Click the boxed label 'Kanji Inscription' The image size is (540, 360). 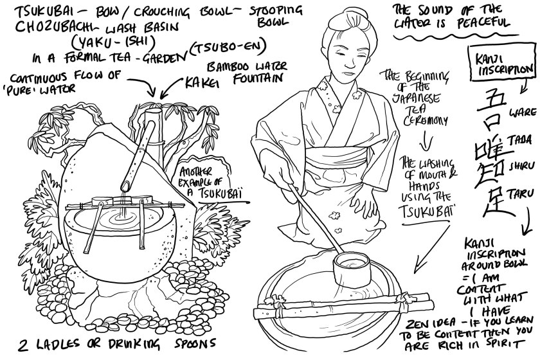pos(497,61)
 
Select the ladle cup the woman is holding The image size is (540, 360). pos(346,264)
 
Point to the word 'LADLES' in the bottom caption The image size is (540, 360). pos(53,341)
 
